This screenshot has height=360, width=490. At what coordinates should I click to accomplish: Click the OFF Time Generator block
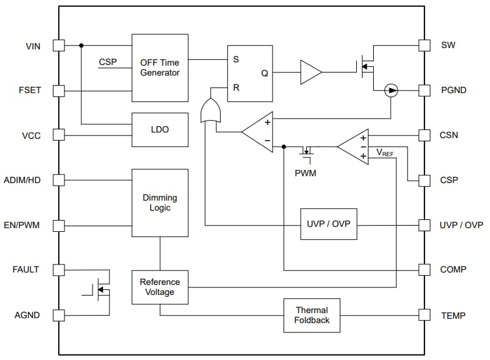[160, 67]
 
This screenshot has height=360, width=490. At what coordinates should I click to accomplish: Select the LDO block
[160, 129]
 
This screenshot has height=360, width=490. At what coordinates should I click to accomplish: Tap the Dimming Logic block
[160, 202]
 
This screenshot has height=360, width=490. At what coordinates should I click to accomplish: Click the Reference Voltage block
[160, 287]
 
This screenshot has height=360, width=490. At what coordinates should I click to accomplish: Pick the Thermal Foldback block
[312, 315]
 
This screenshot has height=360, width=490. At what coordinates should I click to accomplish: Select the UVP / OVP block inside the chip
[329, 224]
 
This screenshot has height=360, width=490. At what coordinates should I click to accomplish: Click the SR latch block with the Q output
[249, 73]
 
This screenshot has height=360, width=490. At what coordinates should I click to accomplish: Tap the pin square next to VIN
[59, 46]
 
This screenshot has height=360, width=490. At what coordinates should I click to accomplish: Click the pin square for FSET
[59, 91]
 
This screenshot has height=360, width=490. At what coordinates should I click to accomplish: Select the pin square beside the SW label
[424, 46]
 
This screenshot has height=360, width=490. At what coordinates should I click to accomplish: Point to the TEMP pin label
[453, 316]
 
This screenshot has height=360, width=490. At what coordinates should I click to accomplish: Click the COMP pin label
[453, 270]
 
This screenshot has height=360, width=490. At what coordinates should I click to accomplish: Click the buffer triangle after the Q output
[310, 72]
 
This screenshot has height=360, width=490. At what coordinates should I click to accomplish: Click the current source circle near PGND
[391, 91]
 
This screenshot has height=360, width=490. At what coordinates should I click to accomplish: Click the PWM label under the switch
[306, 173]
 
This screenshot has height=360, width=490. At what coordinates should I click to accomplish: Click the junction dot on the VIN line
[82, 46]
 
